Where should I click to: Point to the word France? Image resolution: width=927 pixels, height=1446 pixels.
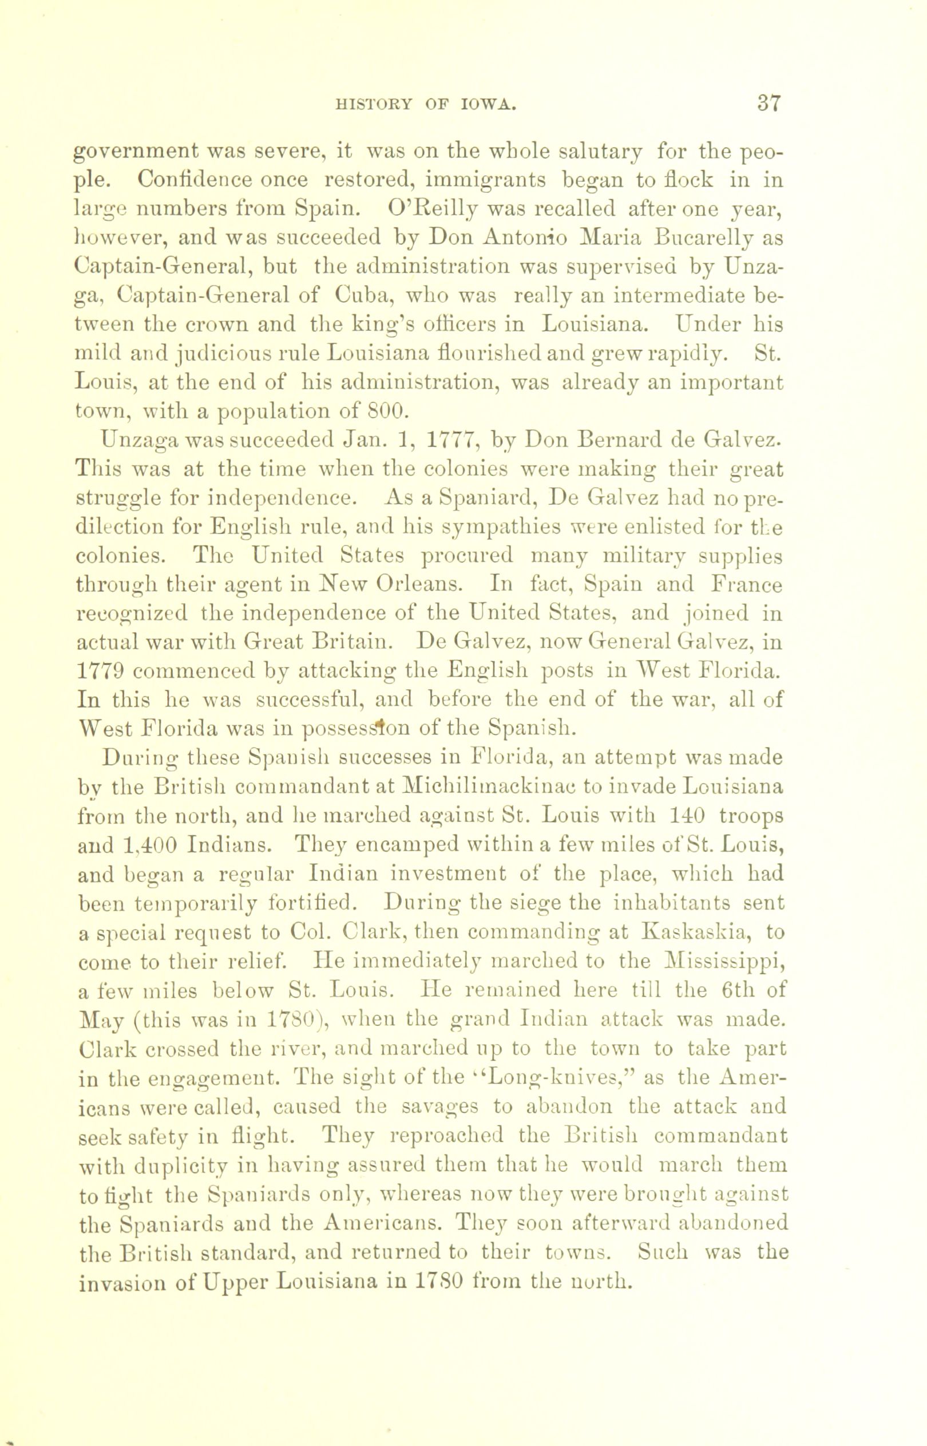(x=744, y=584)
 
